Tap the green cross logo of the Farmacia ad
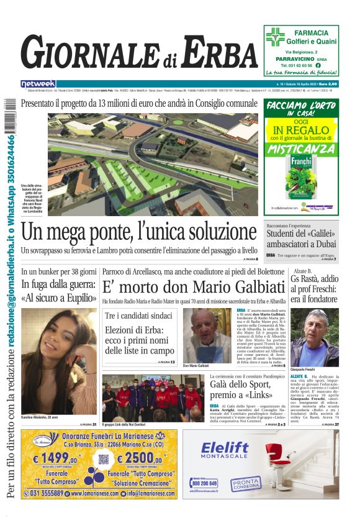coord(274,37)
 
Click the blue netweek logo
coord(38,84)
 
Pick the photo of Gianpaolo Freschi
coord(314,339)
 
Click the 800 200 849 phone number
coord(204,483)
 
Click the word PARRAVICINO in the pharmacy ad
coord(294,58)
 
